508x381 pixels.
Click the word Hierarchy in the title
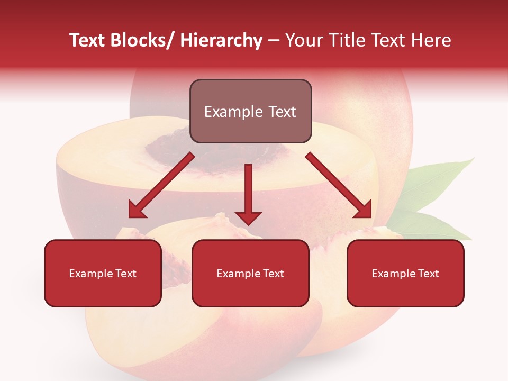[221, 40]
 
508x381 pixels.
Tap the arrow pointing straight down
[248, 190]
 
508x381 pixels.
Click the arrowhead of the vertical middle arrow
[248, 217]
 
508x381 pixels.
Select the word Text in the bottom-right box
[428, 274]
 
